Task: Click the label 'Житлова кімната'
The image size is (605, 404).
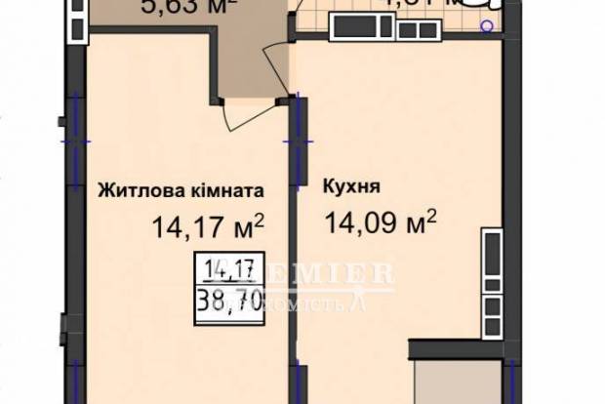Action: [x=181, y=192]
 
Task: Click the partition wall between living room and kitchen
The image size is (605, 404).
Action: [x=294, y=244]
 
